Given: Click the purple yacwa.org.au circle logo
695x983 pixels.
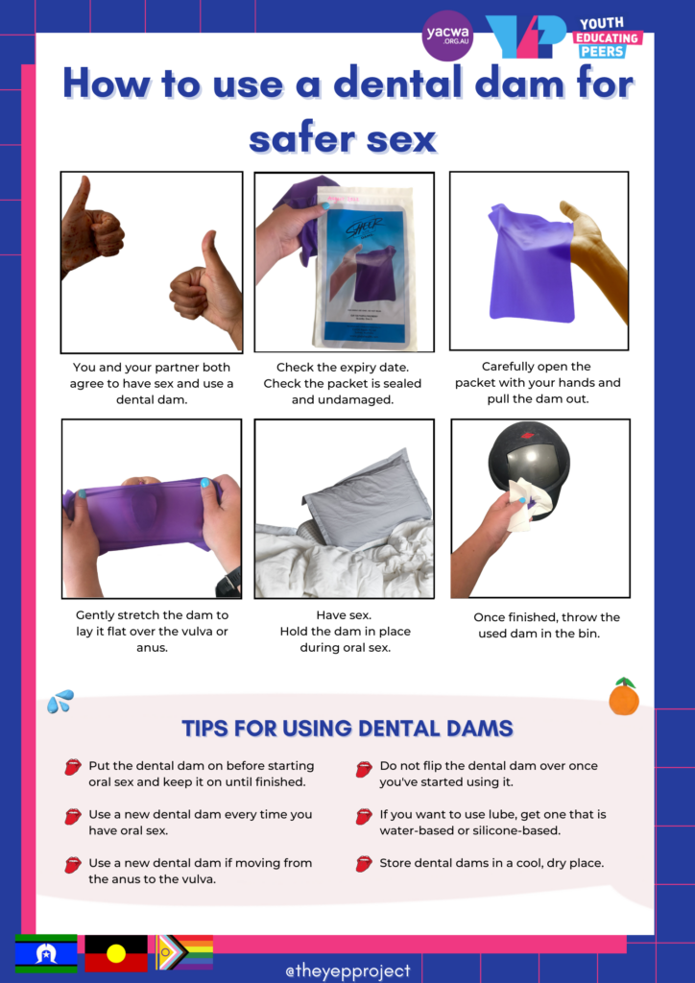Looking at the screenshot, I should click(x=447, y=36).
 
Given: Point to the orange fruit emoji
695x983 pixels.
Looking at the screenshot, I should click(x=623, y=698).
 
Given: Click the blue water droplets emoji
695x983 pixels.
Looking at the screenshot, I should click(x=60, y=703).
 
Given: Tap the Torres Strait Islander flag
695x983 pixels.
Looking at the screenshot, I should click(x=45, y=953).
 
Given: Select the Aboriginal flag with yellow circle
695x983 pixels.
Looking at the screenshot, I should click(x=116, y=953).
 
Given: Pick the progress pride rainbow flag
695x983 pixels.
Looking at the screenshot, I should click(x=183, y=952).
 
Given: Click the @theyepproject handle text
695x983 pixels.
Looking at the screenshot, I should click(x=347, y=971).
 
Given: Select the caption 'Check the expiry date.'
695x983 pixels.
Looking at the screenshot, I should click(x=344, y=368).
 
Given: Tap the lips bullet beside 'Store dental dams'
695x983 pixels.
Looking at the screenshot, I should click(x=364, y=864).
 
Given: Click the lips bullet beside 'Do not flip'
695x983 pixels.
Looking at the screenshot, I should click(x=364, y=769).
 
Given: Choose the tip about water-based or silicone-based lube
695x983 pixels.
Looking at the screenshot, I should click(x=492, y=823).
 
